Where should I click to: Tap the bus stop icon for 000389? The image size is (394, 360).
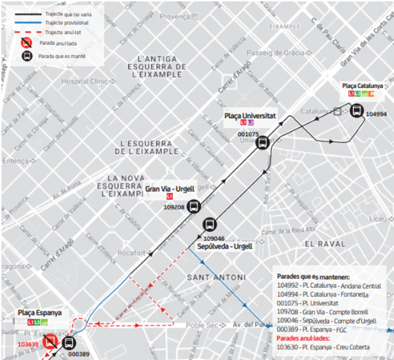coord(69,343)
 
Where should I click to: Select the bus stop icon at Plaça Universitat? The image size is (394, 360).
coord(262,142)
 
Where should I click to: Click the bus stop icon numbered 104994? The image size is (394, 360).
coord(357,111)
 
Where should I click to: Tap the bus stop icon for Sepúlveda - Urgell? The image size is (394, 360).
coord(210,224)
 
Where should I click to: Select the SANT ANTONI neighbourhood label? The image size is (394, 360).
coord(215,277)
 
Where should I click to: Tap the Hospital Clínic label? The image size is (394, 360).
coord(85,82)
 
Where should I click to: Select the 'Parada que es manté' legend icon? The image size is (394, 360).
coord(26,56)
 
